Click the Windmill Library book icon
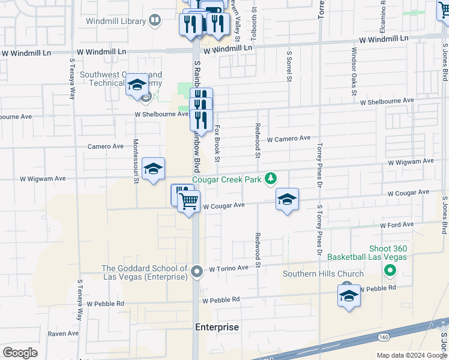pyautogui.click(x=155, y=21)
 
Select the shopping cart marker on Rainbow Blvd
pyautogui.click(x=188, y=202)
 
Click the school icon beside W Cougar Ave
pyautogui.click(x=288, y=199)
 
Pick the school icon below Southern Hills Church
pyautogui.click(x=349, y=296)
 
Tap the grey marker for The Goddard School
pyautogui.click(x=197, y=272)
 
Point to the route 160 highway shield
pyautogui.click(x=383, y=338)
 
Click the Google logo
pyautogui.click(x=20, y=353)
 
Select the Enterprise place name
pyautogui.click(x=217, y=328)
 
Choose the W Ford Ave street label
pyautogui.click(x=397, y=225)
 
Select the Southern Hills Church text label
pyautogui.click(x=324, y=274)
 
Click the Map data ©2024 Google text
pyautogui.click(x=411, y=355)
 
